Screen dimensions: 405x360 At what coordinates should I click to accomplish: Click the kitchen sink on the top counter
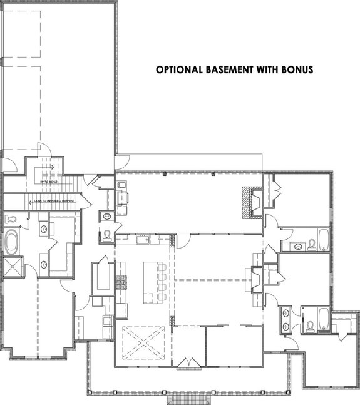[x=143, y=238]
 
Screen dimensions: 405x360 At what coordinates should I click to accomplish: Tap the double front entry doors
[x=187, y=363]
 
